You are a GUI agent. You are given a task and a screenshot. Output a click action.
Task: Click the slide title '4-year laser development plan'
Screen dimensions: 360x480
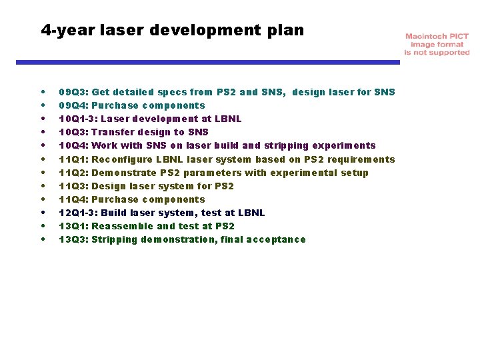click(172, 30)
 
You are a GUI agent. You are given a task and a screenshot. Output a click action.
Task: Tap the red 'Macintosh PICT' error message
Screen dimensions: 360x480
click(437, 44)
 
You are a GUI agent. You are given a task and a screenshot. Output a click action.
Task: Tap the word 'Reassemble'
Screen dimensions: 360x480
click(122, 226)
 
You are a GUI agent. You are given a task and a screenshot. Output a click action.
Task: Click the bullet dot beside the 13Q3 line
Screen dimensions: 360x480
click(43, 239)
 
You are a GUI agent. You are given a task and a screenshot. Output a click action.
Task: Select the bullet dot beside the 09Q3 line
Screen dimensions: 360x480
click(43, 92)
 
